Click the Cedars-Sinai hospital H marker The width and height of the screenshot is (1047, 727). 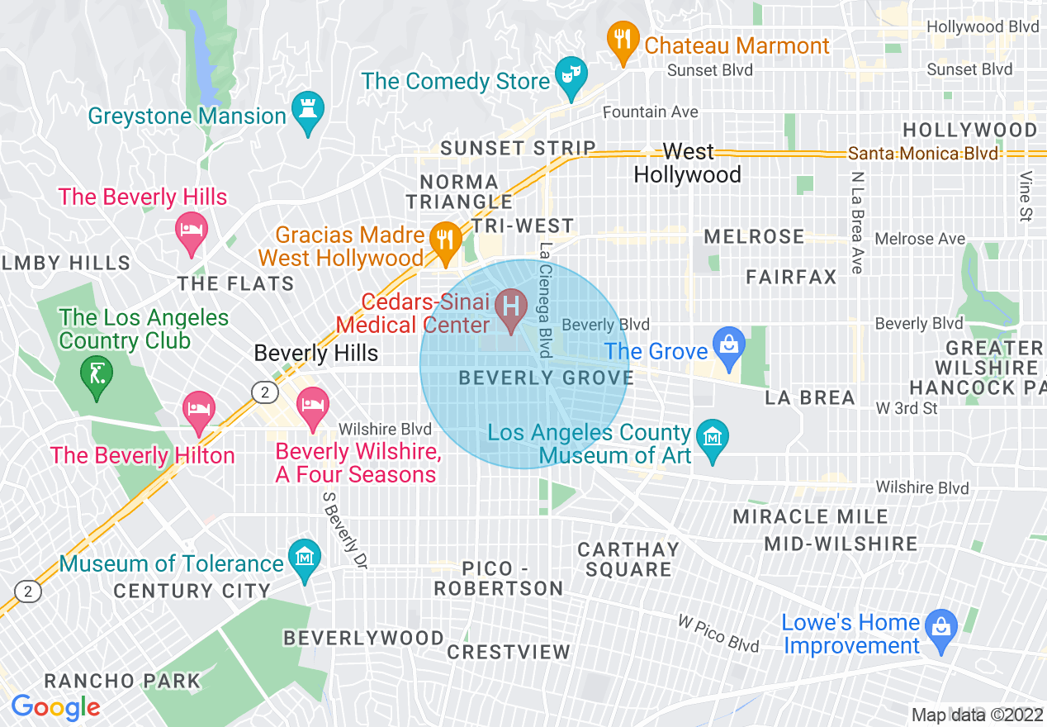(x=511, y=306)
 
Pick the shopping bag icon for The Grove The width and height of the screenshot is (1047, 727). (x=730, y=344)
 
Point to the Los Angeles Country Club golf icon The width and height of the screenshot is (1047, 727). (x=97, y=374)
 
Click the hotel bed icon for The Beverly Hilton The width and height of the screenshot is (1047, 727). (x=198, y=409)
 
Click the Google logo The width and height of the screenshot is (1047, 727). (x=55, y=707)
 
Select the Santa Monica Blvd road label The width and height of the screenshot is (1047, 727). (x=923, y=154)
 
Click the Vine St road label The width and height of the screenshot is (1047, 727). (x=1026, y=197)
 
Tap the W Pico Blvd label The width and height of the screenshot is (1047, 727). (x=718, y=633)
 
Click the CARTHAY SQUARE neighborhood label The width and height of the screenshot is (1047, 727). (x=628, y=559)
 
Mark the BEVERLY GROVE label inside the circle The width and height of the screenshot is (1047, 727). (x=547, y=378)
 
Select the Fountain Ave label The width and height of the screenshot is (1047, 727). (x=651, y=112)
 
